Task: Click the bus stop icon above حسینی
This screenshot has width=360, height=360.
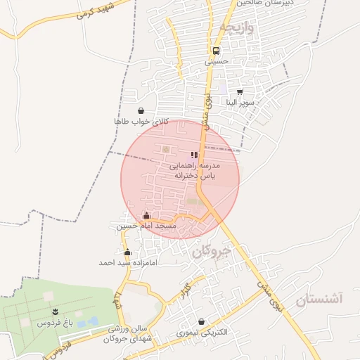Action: point(216,51)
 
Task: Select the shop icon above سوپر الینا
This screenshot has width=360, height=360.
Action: point(240,91)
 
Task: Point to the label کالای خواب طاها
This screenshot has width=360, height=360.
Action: point(142,122)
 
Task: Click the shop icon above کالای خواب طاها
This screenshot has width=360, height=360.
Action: point(141,110)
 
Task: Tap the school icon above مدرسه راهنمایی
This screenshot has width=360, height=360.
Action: point(194,155)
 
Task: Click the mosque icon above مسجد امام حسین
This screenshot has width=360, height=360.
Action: point(146,215)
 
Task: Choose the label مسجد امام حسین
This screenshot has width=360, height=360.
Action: point(146,226)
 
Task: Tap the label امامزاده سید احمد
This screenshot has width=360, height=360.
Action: point(127,262)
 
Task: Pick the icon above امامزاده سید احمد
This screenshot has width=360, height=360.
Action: point(127,252)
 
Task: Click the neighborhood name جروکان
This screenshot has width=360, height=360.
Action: point(214,251)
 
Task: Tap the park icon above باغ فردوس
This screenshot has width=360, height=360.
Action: point(55,311)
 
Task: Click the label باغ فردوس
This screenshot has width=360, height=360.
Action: point(56,323)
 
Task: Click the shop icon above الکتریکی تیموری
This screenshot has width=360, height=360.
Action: point(201,321)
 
